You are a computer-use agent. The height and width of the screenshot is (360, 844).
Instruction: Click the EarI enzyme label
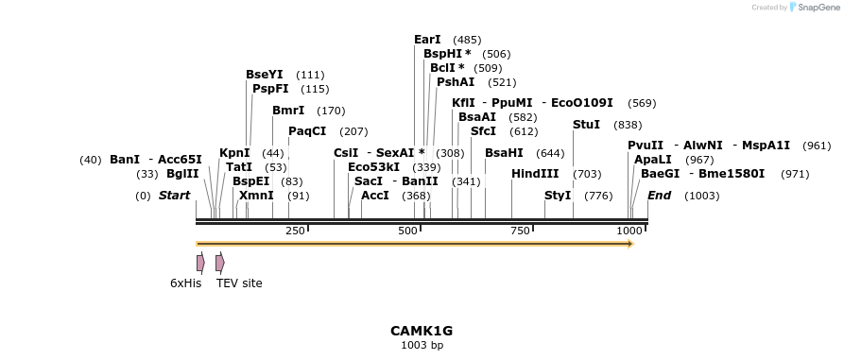427,40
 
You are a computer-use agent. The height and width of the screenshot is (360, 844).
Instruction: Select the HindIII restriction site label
535,174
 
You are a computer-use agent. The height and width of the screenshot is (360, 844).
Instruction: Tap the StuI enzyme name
586,125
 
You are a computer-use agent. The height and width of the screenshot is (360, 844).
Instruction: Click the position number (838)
628,125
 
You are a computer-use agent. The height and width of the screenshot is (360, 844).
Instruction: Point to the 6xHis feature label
185,283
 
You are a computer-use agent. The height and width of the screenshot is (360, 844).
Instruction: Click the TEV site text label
239,283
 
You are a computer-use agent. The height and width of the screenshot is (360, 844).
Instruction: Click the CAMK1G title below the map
422,331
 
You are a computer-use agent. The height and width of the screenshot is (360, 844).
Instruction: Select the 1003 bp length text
422,345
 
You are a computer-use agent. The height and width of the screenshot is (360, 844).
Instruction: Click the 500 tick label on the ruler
407,231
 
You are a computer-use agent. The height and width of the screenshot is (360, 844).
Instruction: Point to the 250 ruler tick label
295,231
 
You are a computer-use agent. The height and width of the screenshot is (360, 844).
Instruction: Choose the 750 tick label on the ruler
520,231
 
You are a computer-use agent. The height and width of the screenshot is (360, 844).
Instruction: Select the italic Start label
174,196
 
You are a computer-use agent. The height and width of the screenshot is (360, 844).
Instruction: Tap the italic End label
659,196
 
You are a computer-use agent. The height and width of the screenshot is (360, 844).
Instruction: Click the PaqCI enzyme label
307,131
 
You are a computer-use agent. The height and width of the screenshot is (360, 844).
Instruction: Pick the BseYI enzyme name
264,75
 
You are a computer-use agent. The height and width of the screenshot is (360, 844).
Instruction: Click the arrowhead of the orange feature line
629,244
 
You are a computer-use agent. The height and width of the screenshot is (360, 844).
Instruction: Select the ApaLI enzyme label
653,160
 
